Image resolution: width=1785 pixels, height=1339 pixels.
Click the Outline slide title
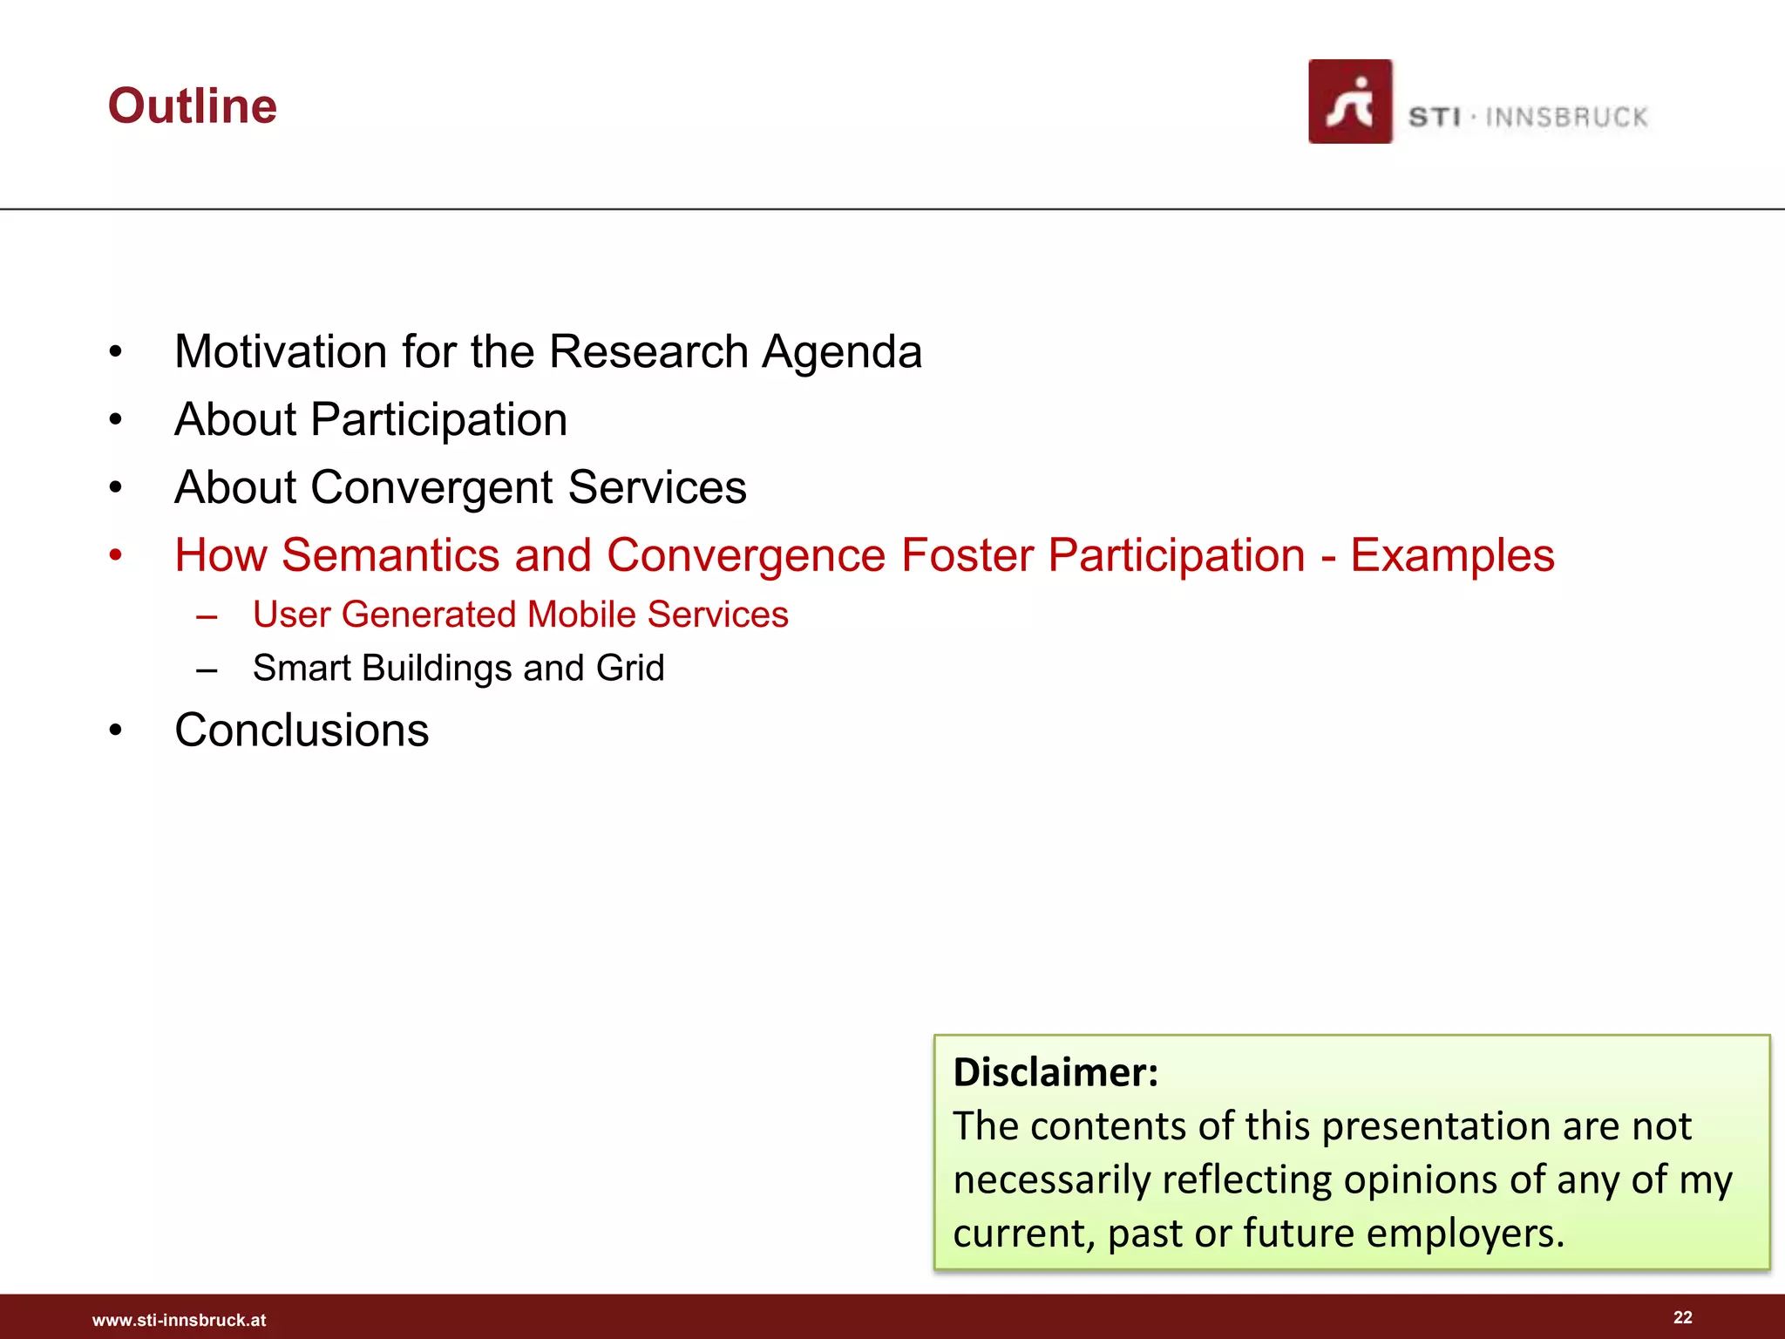pyautogui.click(x=193, y=106)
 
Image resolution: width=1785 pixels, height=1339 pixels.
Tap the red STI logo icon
pyautogui.click(x=1349, y=102)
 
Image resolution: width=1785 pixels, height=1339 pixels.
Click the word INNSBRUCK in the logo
pyautogui.click(x=1566, y=118)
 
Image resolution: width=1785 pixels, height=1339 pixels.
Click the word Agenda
pyautogui.click(x=841, y=352)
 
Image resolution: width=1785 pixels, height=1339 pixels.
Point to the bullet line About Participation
pyautogui.click(x=370, y=420)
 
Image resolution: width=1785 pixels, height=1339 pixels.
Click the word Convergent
pyautogui.click(x=431, y=487)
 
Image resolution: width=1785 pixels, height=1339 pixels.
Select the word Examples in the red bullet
pyautogui.click(x=1452, y=555)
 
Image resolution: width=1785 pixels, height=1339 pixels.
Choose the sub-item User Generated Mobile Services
pyautogui.click(x=520, y=615)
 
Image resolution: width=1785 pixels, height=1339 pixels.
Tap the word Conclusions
pyautogui.click(x=302, y=731)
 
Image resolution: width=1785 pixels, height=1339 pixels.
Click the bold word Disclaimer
pyautogui.click(x=1055, y=1072)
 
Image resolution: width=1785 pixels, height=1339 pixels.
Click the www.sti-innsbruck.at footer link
pyautogui.click(x=179, y=1321)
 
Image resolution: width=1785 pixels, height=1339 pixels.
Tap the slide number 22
pyautogui.click(x=1682, y=1317)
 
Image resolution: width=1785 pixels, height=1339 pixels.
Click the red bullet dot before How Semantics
pyautogui.click(x=116, y=555)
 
